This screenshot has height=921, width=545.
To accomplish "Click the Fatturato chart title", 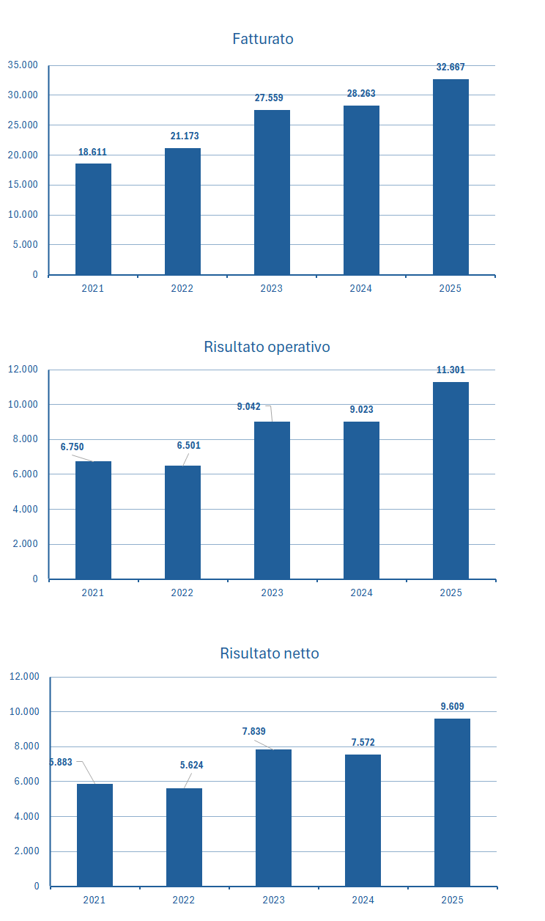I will click(x=262, y=39).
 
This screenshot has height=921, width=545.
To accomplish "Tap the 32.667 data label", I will click(x=451, y=67).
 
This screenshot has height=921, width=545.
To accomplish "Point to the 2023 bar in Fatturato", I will click(x=272, y=192).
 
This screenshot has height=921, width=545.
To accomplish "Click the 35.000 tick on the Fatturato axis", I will click(x=23, y=65).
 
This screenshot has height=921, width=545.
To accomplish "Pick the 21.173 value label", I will click(x=184, y=136).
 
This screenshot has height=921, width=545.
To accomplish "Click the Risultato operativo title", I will click(x=267, y=347).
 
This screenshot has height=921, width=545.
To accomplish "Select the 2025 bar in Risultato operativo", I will click(x=451, y=480).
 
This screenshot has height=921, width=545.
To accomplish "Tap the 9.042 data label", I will click(x=248, y=407).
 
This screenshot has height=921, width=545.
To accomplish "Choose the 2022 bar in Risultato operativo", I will click(x=182, y=522).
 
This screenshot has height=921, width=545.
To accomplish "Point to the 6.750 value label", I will click(x=72, y=447).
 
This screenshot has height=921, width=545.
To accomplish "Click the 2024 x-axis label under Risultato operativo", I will click(x=361, y=592).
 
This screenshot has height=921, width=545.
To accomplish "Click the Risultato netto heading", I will click(x=270, y=653).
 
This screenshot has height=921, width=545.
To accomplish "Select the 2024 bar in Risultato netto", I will click(x=363, y=820).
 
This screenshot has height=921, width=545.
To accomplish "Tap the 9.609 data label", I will click(x=452, y=707).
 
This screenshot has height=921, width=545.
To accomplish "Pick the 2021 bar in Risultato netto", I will click(x=94, y=834).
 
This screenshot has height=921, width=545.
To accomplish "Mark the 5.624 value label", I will click(x=191, y=766).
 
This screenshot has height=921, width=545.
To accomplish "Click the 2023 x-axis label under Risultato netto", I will click(x=273, y=900).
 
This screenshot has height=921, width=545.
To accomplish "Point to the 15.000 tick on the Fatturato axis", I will click(x=23, y=185).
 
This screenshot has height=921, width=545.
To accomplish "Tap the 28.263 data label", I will click(x=361, y=94).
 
